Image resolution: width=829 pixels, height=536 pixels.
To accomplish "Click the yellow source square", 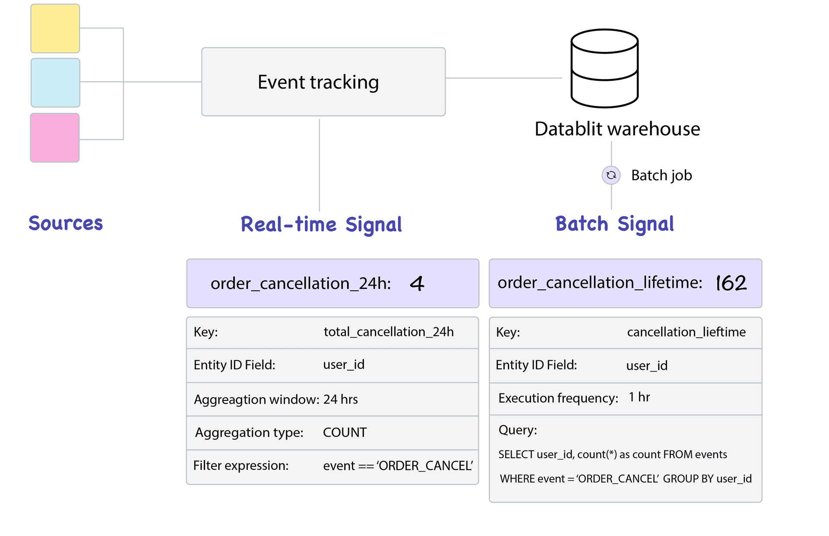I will tap(55, 29).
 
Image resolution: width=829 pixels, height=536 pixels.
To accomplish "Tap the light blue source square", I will tap(55, 82).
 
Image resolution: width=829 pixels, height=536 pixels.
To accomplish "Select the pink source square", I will tap(55, 138).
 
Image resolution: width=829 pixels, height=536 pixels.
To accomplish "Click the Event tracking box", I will tap(323, 82).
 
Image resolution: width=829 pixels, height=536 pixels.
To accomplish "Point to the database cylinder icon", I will tap(604, 68).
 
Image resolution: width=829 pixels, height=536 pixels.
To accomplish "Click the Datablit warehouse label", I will tap(617, 129).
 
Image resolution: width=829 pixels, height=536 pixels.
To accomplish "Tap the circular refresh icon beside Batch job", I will tap(611, 175).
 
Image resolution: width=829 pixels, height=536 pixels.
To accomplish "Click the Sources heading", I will tap(66, 223).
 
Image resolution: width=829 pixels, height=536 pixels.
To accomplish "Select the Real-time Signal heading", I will tap(321, 225).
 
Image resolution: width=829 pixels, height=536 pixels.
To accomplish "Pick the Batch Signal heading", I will tap(614, 224).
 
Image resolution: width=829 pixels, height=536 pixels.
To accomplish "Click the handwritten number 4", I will tap(417, 284).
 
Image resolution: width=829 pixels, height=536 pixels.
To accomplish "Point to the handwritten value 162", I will tap(731, 283).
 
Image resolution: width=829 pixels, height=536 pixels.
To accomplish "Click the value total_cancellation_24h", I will tap(389, 332).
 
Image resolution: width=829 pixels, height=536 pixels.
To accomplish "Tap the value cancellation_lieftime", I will tap(686, 332).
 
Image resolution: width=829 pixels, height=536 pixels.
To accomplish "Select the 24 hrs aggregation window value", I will tap(340, 399).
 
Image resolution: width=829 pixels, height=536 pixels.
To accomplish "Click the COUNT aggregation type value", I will tap(345, 432).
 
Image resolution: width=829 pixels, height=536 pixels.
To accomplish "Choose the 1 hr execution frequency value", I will tap(639, 397).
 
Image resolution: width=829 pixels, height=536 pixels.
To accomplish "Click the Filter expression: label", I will tap(241, 466).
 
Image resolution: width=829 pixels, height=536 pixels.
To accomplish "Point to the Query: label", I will tap(518, 430).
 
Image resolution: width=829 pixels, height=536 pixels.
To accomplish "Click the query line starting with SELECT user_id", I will tap(612, 454).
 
